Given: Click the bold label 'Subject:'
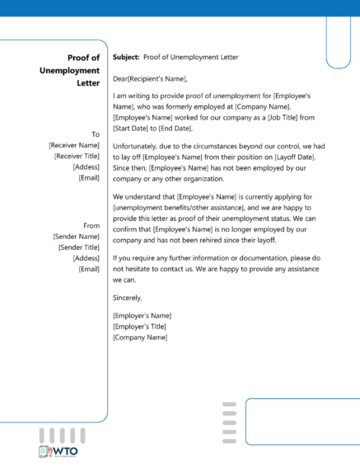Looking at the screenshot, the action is pos(126,58).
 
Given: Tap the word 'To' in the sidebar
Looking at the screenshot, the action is pos(96,133).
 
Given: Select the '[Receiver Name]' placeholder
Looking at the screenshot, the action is pos(74,145).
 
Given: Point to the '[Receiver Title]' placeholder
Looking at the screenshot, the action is pos(77,156).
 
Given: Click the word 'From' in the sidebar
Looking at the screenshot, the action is pos(91,225).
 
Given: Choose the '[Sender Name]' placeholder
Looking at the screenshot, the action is pos(77,236).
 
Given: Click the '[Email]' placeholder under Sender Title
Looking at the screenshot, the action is pos(88,269).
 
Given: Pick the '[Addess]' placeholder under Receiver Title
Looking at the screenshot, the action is pos(86,166).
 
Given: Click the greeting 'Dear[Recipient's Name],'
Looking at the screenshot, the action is pos(150,79).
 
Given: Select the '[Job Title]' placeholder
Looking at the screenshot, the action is pos(294,118).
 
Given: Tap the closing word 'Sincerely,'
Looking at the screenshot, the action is pos(128,297).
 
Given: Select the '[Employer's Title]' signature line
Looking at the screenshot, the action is pos(139,326).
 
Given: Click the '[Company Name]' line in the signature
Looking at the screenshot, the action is pos(135,337).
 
